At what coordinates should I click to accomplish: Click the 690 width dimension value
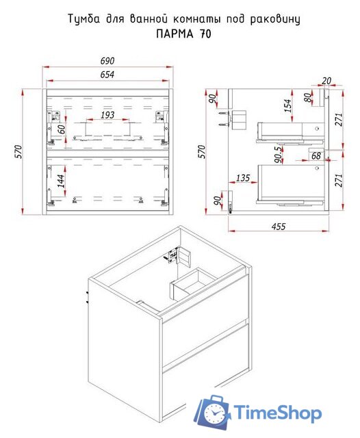107,61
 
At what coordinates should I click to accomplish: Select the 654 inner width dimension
107,75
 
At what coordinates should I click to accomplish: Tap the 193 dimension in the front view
107,115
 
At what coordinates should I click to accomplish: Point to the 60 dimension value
62,129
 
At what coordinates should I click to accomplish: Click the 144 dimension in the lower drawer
61,181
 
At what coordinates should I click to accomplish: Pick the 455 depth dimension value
278,227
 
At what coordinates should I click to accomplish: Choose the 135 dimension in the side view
243,178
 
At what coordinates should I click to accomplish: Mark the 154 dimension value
287,105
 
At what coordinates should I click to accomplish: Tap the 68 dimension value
316,155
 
